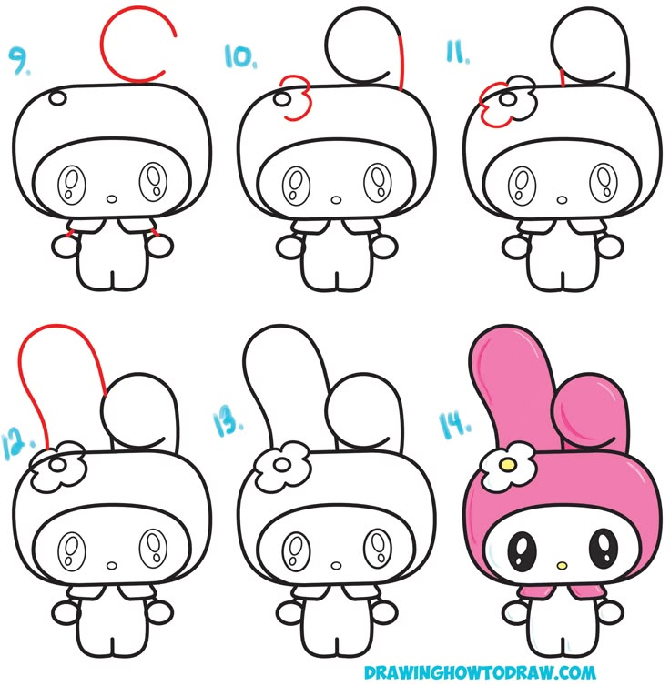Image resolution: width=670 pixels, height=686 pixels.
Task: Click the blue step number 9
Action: click(20, 61)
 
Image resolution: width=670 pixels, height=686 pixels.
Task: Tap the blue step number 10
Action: click(240, 56)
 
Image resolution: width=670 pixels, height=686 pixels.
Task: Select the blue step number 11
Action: click(458, 52)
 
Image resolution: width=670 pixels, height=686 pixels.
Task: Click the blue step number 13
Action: click(228, 423)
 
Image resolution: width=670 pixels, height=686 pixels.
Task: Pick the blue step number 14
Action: click(455, 425)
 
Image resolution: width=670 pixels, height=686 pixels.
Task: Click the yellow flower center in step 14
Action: click(508, 462)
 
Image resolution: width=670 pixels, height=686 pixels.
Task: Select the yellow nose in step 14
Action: click(562, 566)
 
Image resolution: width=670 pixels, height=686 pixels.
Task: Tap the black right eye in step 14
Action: click(604, 546)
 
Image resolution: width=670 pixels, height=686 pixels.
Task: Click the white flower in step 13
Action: click(282, 466)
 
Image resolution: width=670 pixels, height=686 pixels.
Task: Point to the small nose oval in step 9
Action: click(112, 199)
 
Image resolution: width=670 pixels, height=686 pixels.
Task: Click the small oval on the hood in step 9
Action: click(57, 98)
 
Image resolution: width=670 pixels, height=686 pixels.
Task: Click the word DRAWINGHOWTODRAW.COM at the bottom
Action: click(480, 671)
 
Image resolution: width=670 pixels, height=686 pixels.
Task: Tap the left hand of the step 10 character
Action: click(289, 247)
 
